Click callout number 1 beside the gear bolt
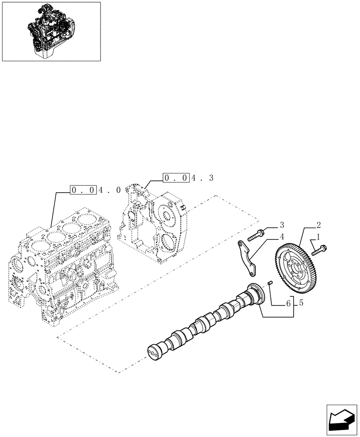(x=318, y=237)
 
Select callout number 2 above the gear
(x=319, y=225)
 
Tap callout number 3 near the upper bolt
(x=282, y=225)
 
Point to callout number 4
(x=282, y=237)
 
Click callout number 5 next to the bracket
(x=301, y=302)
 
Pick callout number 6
(x=289, y=302)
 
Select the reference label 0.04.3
(x=188, y=178)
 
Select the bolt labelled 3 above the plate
(x=256, y=236)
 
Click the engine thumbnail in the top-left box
(x=51, y=31)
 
